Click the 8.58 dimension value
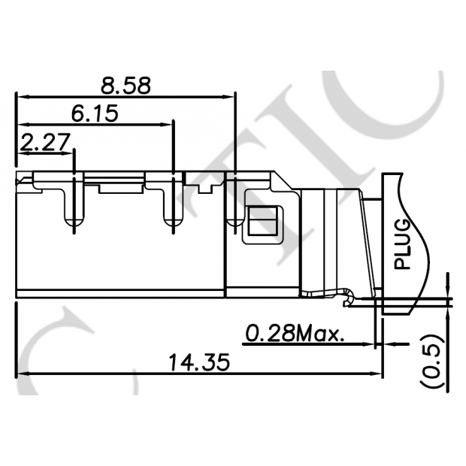126,84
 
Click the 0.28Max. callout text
295,332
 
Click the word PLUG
404,244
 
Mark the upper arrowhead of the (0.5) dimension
449,289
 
